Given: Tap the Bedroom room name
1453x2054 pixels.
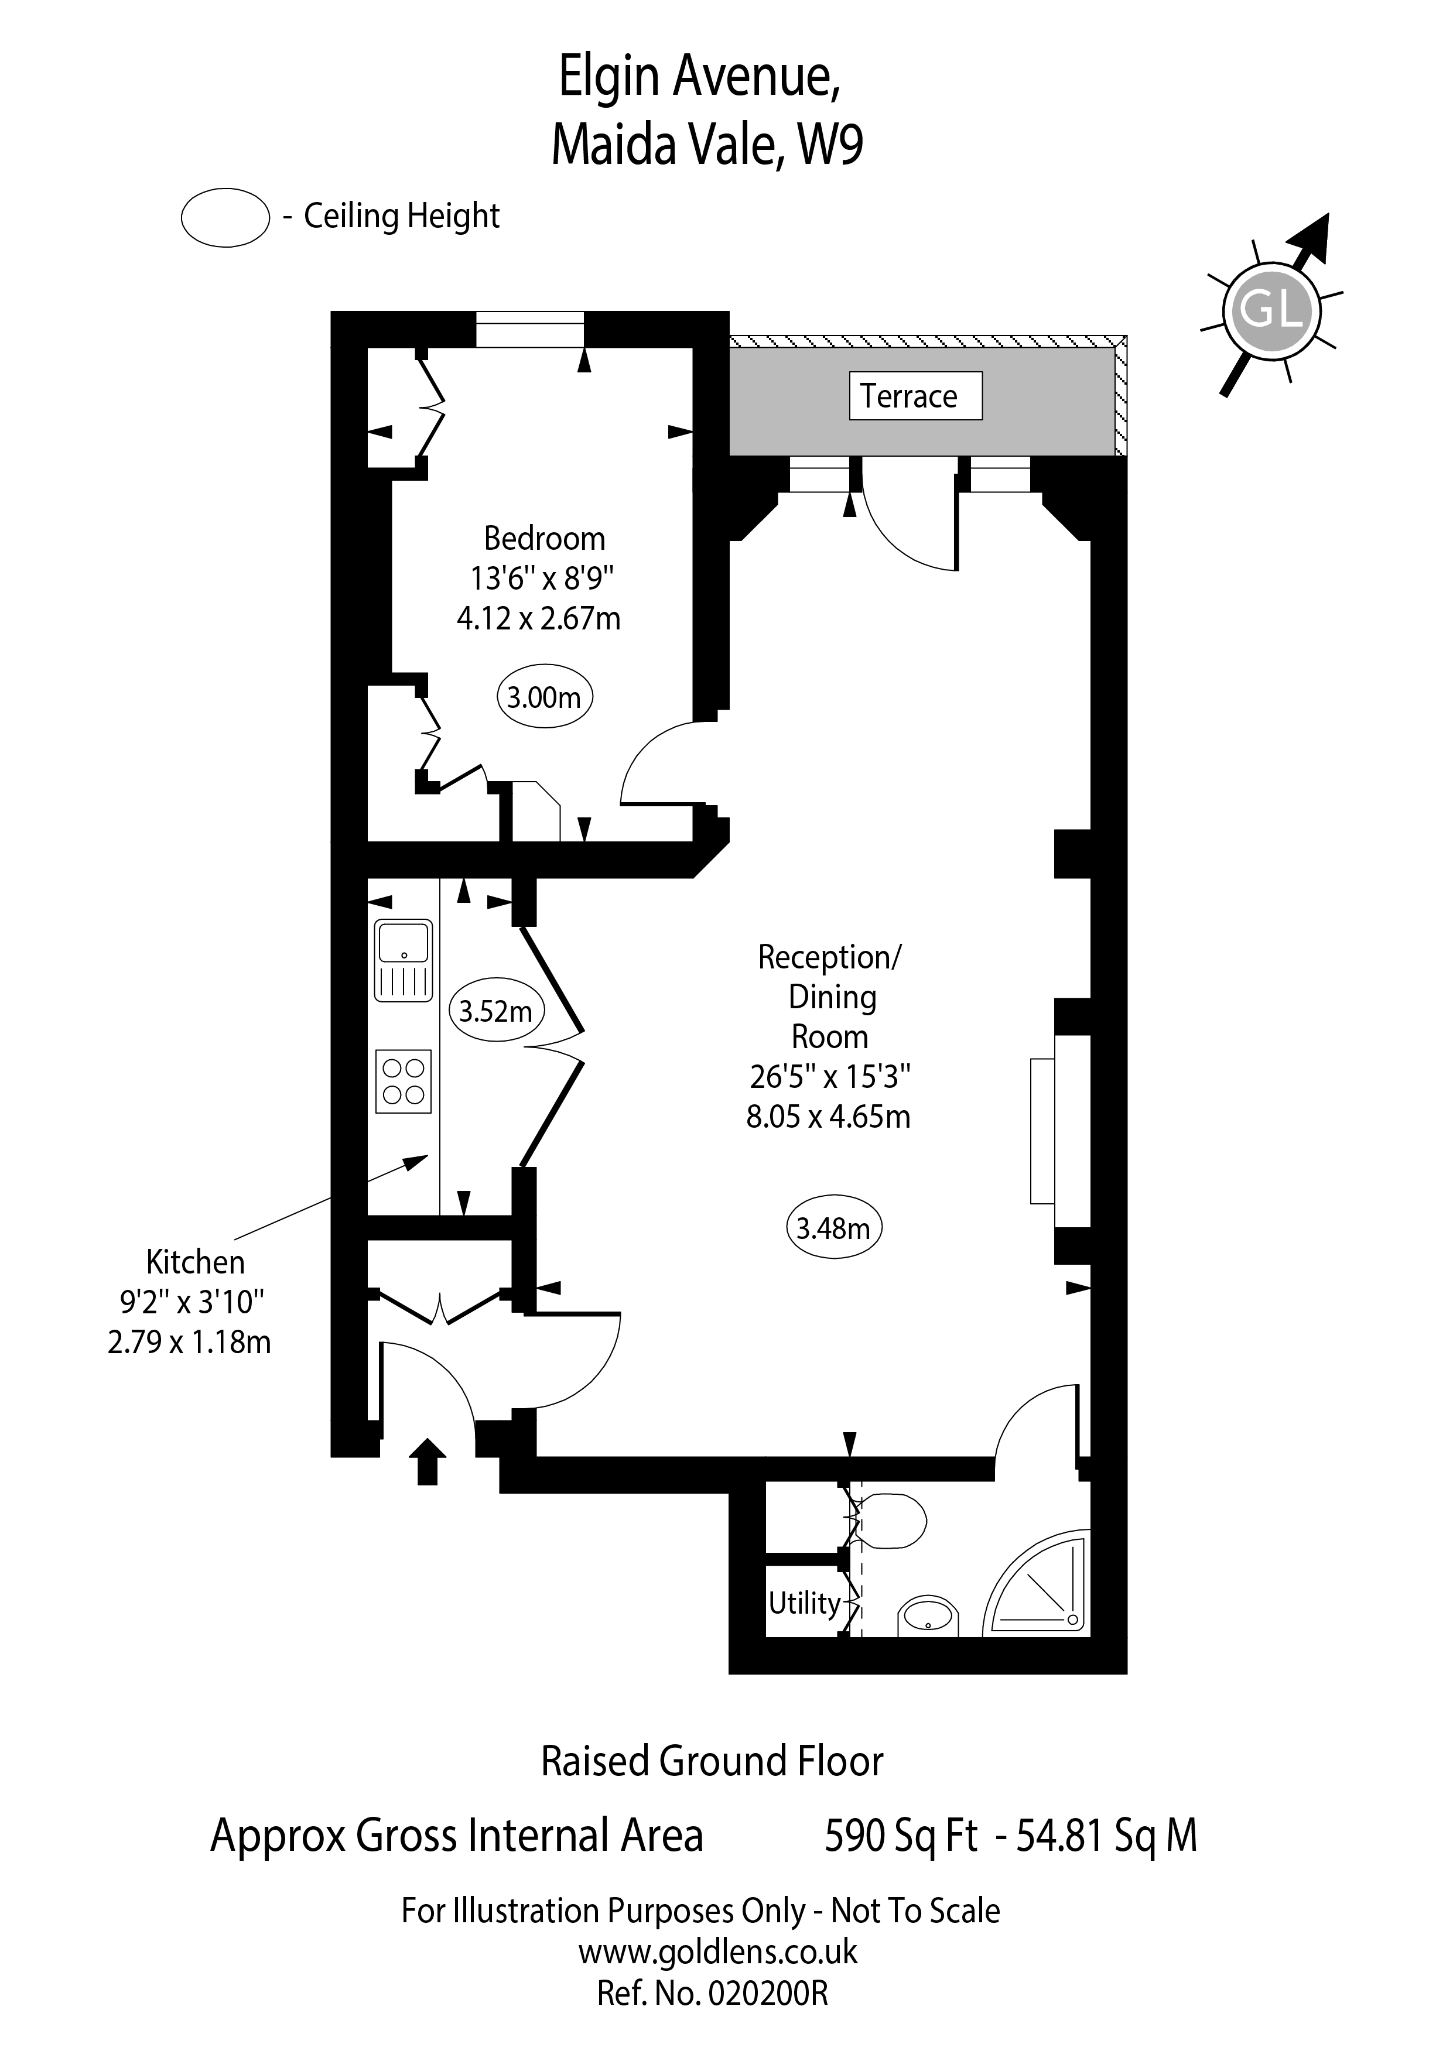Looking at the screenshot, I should click(544, 539).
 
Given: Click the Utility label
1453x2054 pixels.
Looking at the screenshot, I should click(804, 1603).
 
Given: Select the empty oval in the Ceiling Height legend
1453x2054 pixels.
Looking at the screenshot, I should click(225, 217).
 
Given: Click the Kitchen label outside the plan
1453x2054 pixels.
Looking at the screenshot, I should click(195, 1262).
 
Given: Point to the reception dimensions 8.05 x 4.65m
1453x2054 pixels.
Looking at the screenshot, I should click(829, 1117).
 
